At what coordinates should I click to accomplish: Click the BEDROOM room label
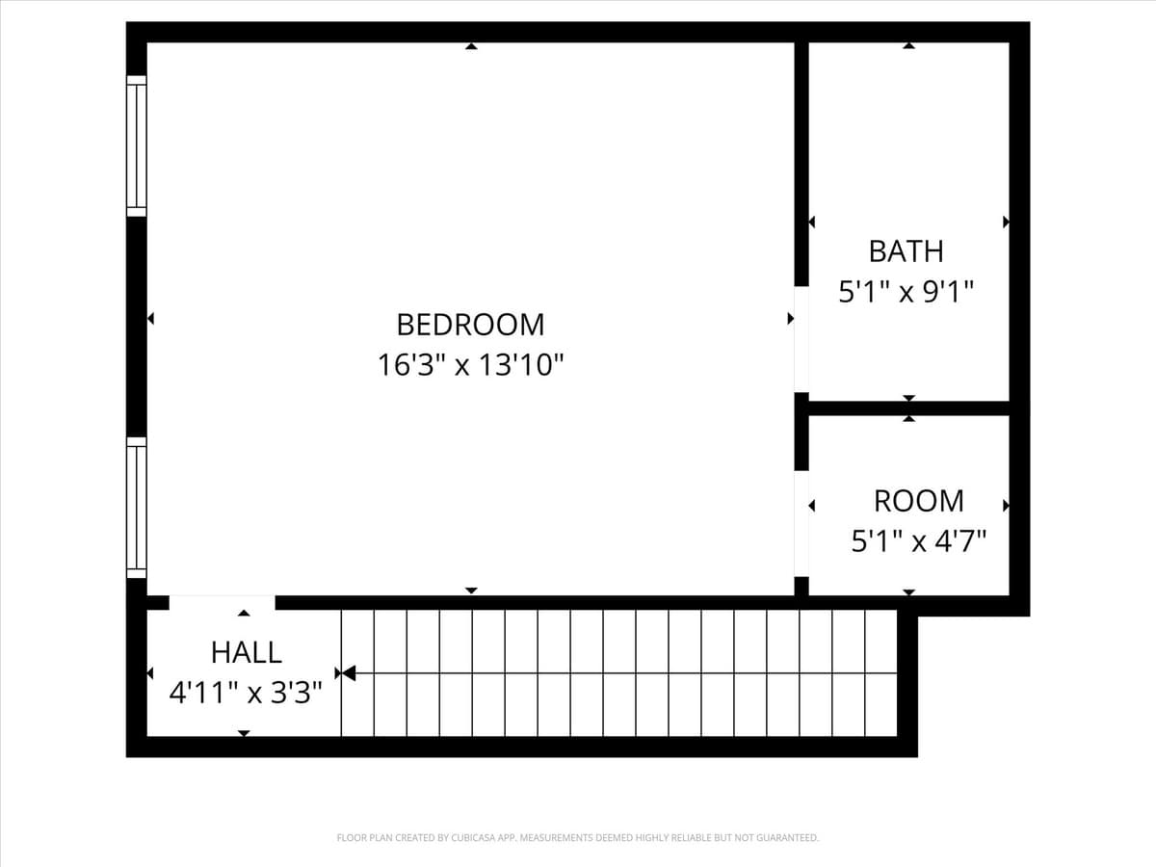pos(470,324)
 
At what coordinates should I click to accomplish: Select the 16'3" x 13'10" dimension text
pos(470,365)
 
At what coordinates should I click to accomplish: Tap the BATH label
pos(906,251)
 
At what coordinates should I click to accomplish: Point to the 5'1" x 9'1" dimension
pos(906,291)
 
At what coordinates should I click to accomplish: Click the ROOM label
pos(918,501)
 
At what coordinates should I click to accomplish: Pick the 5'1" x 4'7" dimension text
pos(919,541)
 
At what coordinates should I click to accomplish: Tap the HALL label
pos(247,652)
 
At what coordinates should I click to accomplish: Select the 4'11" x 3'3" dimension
pos(245,693)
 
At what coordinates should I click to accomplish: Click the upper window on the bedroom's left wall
pos(137,145)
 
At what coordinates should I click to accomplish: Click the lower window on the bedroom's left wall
pos(137,508)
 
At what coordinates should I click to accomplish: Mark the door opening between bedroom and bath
pos(801,338)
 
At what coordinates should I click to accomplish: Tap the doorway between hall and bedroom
pos(222,603)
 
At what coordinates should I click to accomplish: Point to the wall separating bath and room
pos(908,408)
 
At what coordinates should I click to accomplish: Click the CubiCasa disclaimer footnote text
pos(577,838)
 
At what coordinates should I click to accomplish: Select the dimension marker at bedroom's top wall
pos(471,46)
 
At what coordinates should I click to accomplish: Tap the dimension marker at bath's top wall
pos(908,46)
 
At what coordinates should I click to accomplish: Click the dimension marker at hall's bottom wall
pos(244,733)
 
